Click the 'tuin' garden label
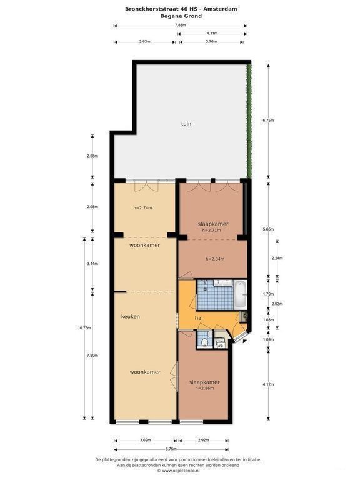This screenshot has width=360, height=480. pyautogui.click(x=186, y=124)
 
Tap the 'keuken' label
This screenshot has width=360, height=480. pyautogui.click(x=131, y=316)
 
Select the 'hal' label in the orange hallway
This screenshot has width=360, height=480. pyautogui.click(x=199, y=318)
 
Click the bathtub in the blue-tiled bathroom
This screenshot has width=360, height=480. pyautogui.click(x=240, y=295)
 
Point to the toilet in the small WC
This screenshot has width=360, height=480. pyautogui.click(x=206, y=342)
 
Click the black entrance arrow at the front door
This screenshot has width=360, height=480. pyautogui.click(x=244, y=341)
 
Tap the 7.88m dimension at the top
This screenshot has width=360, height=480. pyautogui.click(x=180, y=26)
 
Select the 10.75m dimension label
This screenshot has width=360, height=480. pyautogui.click(x=84, y=328)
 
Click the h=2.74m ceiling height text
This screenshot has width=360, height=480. pyautogui.click(x=142, y=208)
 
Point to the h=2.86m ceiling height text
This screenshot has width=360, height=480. pyautogui.click(x=204, y=388)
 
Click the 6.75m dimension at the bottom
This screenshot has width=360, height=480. pyautogui.click(x=171, y=449)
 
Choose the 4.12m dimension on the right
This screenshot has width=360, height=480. pyautogui.click(x=269, y=384)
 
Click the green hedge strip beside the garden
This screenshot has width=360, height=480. pyautogui.click(x=249, y=120)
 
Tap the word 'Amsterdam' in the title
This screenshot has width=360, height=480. pyautogui.click(x=220, y=9)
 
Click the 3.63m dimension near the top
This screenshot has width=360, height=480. pyautogui.click(x=144, y=42)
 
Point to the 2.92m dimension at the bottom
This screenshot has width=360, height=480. pyautogui.click(x=203, y=440)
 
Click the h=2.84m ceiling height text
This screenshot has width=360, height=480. pyautogui.click(x=215, y=259)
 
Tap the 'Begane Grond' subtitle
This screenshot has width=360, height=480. pyautogui.click(x=181, y=16)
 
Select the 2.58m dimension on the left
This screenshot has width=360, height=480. pyautogui.click(x=92, y=156)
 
